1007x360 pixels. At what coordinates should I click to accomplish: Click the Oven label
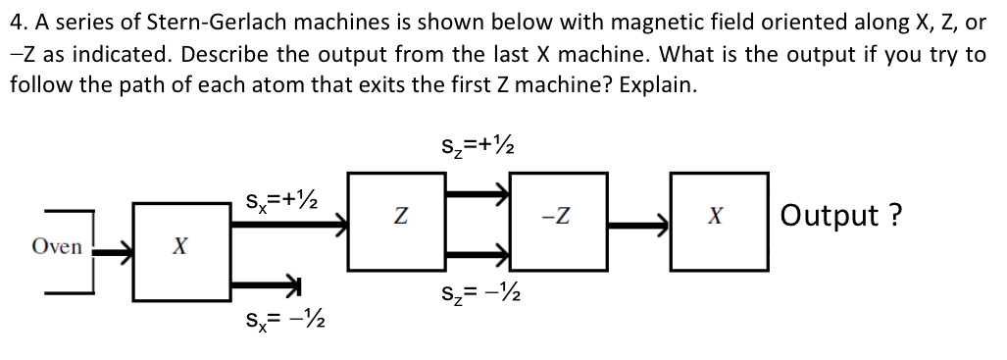tap(57, 246)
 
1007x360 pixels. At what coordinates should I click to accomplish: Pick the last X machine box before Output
tap(718, 221)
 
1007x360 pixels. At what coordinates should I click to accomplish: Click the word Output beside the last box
tap(830, 214)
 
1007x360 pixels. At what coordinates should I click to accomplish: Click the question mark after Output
tap(894, 214)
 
